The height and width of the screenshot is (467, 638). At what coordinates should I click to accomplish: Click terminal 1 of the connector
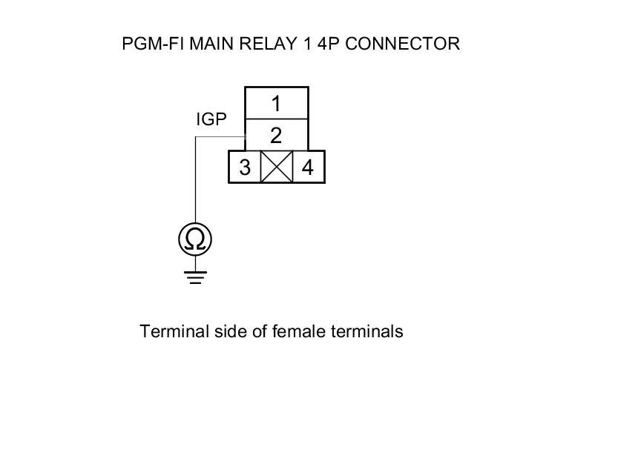tap(276, 103)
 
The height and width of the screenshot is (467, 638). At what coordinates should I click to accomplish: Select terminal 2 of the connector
tap(276, 135)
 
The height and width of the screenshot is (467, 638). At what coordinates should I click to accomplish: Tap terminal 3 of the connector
tap(245, 168)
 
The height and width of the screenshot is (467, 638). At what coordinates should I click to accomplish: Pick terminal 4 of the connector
tap(308, 168)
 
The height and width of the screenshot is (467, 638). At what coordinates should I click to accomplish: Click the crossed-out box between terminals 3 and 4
tap(277, 168)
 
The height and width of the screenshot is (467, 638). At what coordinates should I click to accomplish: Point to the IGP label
tap(211, 119)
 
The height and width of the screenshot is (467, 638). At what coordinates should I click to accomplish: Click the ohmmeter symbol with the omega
tap(195, 239)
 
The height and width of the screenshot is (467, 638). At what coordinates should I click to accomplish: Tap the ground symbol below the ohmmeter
tap(195, 277)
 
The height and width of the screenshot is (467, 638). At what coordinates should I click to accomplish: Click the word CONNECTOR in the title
tap(402, 44)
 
